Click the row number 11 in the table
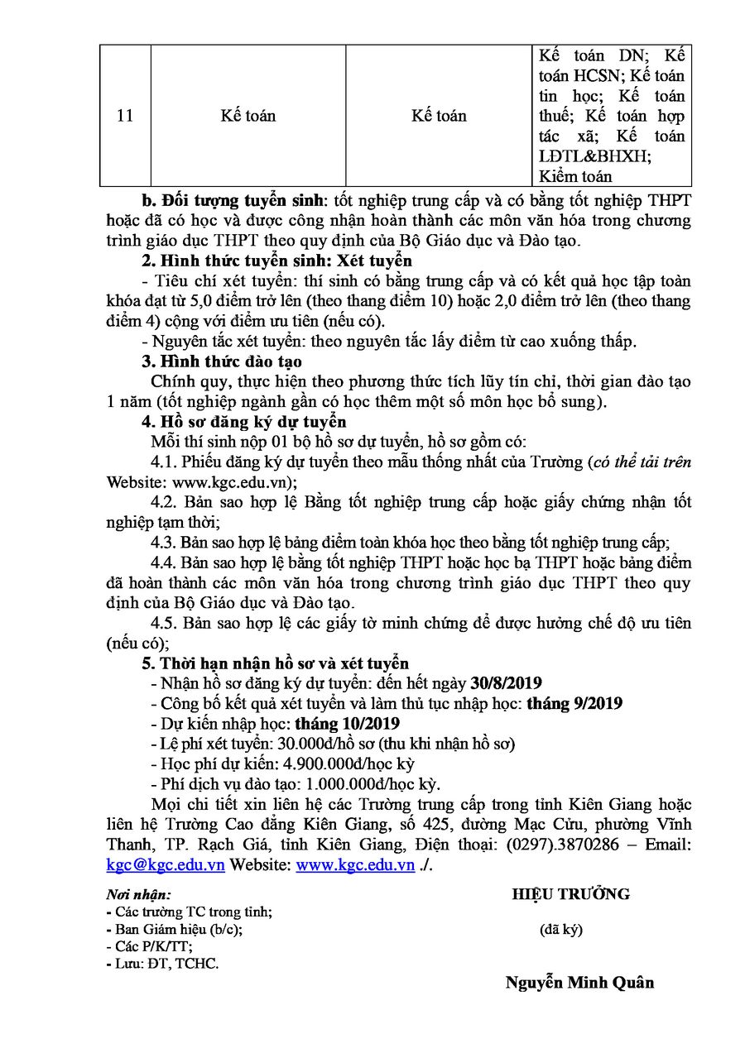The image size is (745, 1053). (x=125, y=116)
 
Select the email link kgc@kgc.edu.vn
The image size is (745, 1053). (x=166, y=865)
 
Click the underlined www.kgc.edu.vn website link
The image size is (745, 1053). (x=355, y=865)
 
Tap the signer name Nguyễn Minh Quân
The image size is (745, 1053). (x=579, y=983)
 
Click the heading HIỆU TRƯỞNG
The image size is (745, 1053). (x=570, y=894)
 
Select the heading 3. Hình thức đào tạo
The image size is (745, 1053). (x=222, y=361)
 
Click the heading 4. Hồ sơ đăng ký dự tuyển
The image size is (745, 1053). (x=238, y=422)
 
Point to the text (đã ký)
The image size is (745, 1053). (x=560, y=929)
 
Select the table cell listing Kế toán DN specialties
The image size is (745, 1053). (x=612, y=116)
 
